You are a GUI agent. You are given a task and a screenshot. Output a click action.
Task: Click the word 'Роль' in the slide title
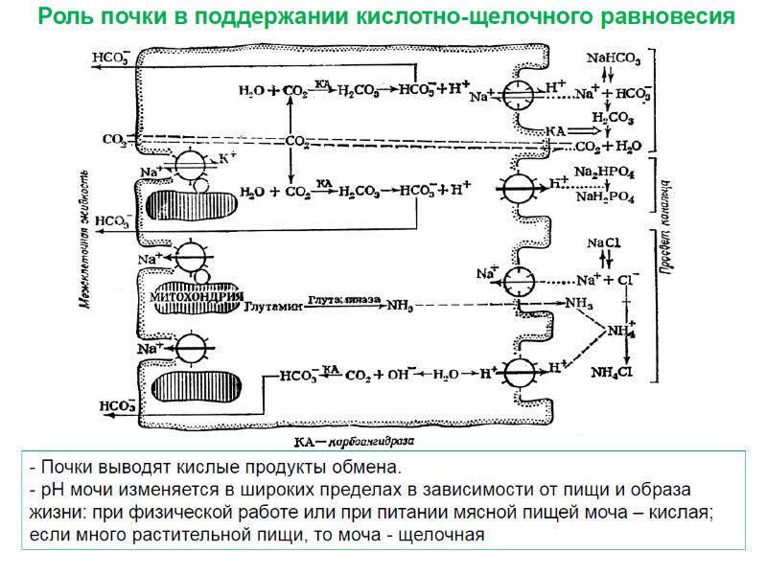65,17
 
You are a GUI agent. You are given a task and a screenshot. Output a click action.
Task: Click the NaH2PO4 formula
604,196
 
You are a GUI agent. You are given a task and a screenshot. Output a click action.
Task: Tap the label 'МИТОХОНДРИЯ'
196,297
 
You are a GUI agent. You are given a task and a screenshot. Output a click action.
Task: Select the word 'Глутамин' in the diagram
273,307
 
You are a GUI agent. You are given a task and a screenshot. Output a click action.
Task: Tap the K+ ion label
227,155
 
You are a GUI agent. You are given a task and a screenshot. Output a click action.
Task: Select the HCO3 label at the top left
111,57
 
